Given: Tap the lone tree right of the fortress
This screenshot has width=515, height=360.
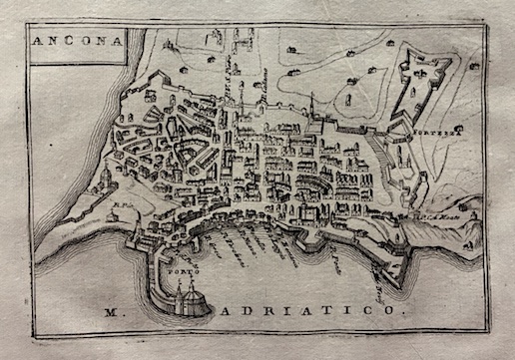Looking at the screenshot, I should (x=473, y=66).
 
